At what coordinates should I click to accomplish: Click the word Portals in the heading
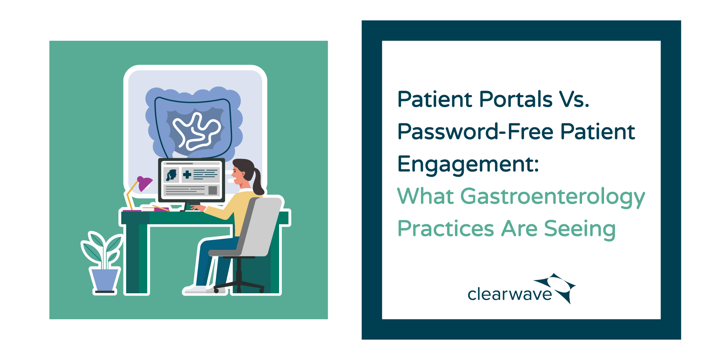tap(515, 99)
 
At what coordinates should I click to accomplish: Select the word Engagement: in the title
tap(468, 164)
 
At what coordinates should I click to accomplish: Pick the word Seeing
tap(580, 229)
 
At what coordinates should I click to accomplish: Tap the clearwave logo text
tap(510, 294)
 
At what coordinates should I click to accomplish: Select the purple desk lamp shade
tap(144, 183)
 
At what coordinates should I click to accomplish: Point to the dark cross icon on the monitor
tap(187, 174)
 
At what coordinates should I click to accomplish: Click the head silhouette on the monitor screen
tap(172, 175)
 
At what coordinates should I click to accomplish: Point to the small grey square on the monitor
tap(213, 190)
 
